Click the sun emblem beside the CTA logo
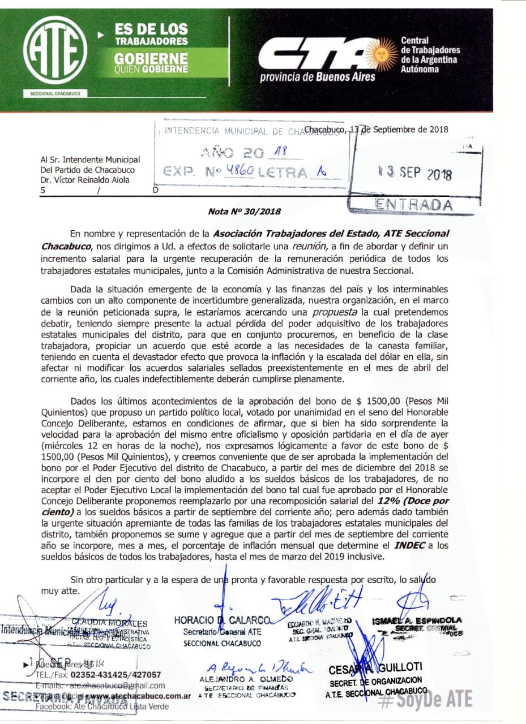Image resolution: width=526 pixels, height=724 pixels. [381, 55]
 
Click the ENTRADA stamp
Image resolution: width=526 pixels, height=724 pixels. [414, 204]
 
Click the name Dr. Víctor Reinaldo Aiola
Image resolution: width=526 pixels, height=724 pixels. [85, 180]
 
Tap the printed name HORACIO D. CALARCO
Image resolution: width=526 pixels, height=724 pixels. [223, 620]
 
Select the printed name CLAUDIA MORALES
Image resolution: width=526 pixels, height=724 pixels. [110, 623]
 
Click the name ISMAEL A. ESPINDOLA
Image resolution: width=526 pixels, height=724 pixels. [417, 620]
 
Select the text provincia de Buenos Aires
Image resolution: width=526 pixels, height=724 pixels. [317, 77]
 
